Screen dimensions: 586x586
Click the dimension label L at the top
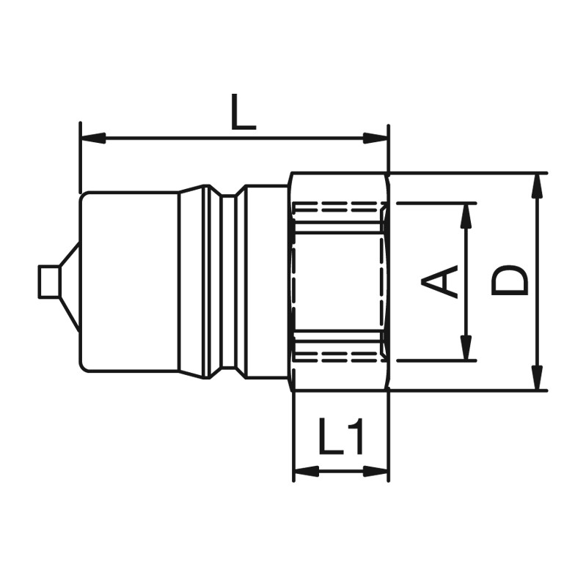point(243,112)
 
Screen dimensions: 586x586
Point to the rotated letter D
point(509,281)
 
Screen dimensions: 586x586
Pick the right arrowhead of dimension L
point(376,138)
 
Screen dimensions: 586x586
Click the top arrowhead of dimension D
point(538,186)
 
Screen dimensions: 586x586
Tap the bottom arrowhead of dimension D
point(538,378)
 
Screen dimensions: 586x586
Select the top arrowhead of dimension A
point(466,216)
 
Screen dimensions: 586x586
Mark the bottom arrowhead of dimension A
point(466,348)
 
